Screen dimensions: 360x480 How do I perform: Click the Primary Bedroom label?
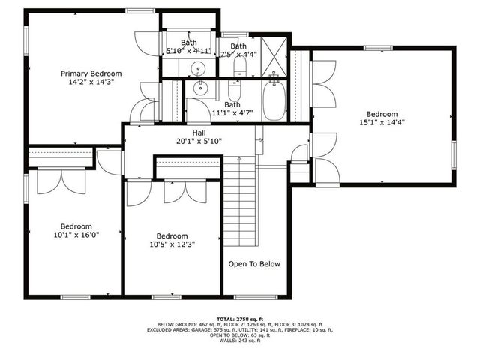[91, 73]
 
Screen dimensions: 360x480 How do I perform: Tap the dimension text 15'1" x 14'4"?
[382, 122]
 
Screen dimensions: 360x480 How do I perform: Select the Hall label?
[199, 133]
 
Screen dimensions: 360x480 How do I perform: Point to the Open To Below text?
[254, 264]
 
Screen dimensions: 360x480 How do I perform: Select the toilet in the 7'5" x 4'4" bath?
[240, 68]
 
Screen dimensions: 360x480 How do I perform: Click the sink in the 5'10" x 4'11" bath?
[199, 70]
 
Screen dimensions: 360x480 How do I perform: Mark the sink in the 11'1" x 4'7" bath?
[199, 89]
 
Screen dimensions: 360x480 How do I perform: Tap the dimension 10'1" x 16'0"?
[76, 234]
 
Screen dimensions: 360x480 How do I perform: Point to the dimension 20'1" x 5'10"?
[199, 141]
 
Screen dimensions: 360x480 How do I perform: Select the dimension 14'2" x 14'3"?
[91, 82]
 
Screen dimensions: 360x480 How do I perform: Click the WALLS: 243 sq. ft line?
[239, 340]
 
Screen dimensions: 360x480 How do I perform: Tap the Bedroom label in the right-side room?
[382, 114]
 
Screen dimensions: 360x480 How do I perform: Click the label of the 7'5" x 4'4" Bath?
[238, 46]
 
